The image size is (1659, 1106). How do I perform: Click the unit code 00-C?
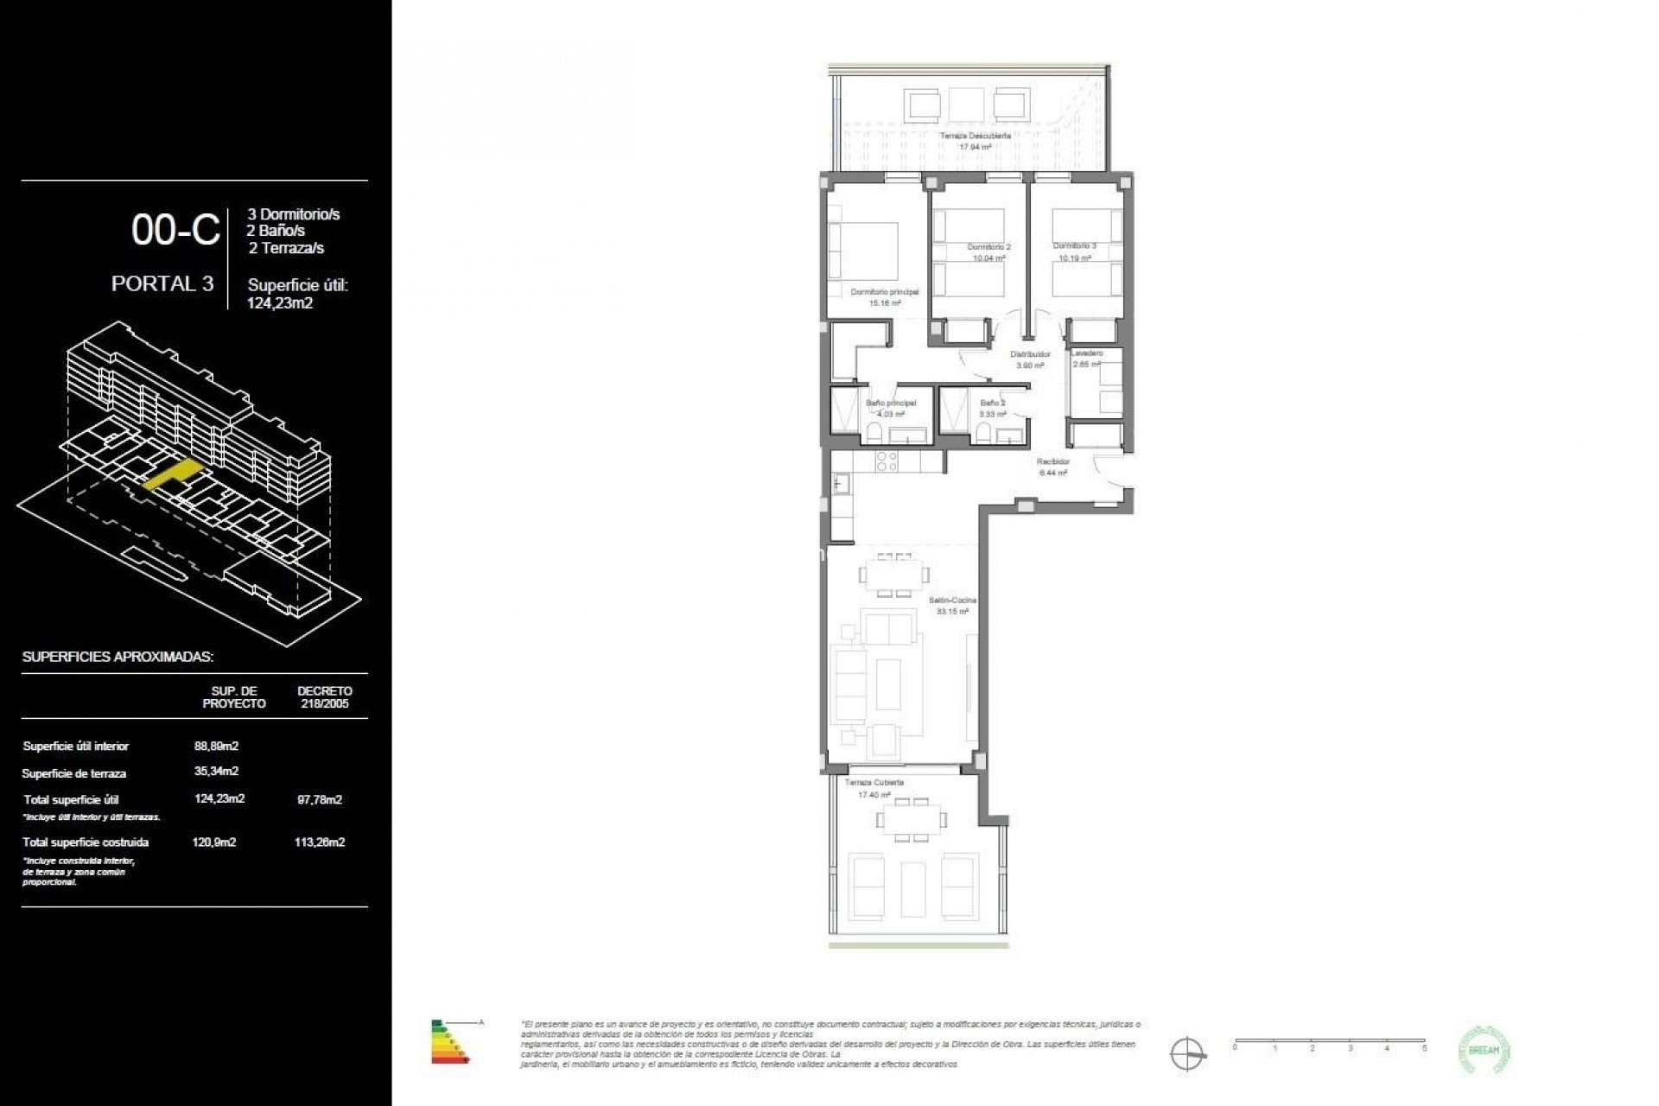(x=175, y=231)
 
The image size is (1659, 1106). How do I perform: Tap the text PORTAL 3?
(x=162, y=284)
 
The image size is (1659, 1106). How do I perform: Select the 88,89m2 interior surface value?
(x=216, y=746)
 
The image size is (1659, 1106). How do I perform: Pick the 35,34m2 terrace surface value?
(x=216, y=771)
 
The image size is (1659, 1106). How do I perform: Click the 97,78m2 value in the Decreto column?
(x=319, y=799)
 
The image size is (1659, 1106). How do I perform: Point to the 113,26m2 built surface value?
(x=319, y=842)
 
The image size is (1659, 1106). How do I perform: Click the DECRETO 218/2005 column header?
(x=324, y=696)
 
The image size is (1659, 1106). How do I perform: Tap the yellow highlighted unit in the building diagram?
(x=173, y=474)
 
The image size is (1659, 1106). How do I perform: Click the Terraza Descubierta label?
(x=975, y=137)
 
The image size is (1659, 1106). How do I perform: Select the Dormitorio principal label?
(x=884, y=292)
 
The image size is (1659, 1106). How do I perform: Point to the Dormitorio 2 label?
(x=988, y=247)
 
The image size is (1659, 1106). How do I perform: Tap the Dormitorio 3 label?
(x=1074, y=246)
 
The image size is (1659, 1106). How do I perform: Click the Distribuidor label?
(x=1030, y=354)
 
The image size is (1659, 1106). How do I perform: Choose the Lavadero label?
(x=1086, y=353)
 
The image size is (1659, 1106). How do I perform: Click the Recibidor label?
(x=1053, y=462)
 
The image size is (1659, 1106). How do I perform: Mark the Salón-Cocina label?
(x=952, y=600)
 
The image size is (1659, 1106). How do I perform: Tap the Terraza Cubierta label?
(x=874, y=783)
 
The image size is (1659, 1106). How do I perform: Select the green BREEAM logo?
(x=1483, y=1050)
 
